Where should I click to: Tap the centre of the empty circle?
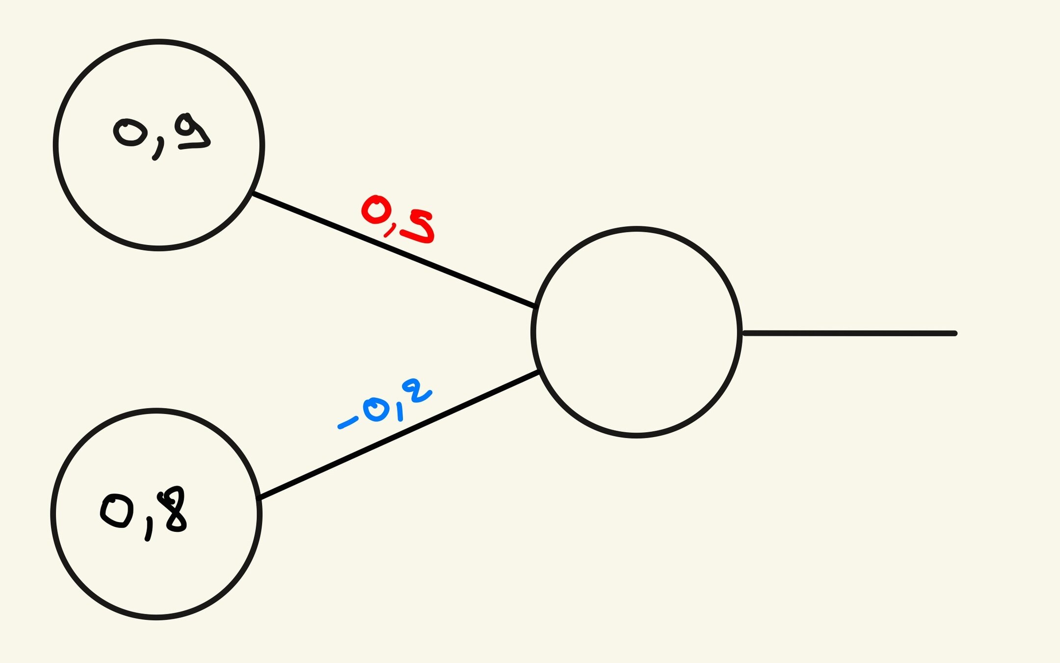click(x=636, y=332)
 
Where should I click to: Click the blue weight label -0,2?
click(x=385, y=406)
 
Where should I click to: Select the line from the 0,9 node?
click(x=393, y=250)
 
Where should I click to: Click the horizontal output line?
click(x=849, y=333)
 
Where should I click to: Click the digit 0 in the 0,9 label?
click(x=130, y=132)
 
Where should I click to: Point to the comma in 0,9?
click(x=157, y=148)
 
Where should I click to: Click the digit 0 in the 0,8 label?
click(x=117, y=511)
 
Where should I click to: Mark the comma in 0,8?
click(x=149, y=530)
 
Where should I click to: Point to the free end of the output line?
click(x=954, y=333)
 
